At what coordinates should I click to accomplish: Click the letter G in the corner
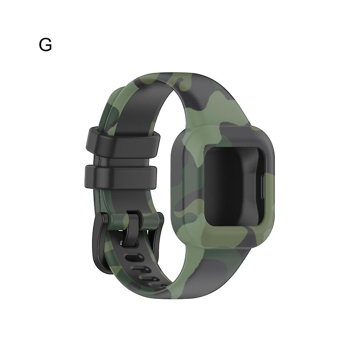click(45, 45)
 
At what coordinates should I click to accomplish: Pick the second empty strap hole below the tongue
click(142, 269)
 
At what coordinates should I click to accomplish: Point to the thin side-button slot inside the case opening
click(262, 185)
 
